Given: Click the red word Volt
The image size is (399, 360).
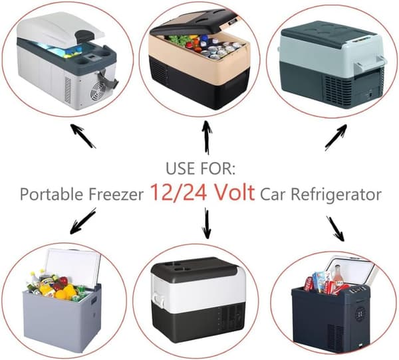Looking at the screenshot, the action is [x=235, y=192].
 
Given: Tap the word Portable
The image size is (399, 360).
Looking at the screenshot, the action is [x=52, y=194].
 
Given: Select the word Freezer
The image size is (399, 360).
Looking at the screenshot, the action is [x=116, y=194].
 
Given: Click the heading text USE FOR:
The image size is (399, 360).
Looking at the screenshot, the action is [x=201, y=168].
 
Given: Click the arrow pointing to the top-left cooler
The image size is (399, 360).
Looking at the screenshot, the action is [x=82, y=135].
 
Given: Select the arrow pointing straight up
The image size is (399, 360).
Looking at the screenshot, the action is [x=207, y=137].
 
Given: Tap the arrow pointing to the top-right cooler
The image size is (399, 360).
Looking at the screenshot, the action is [x=336, y=137].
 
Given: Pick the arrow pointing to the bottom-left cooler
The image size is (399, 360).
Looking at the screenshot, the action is [x=82, y=221].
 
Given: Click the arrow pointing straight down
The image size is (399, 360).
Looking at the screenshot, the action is [x=207, y=223].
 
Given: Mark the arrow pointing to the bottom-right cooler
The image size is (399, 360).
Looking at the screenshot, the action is [x=335, y=228].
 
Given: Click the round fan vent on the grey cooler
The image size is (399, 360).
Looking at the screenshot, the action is [x=98, y=90].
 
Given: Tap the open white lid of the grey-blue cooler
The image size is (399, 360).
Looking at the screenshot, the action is [x=73, y=267].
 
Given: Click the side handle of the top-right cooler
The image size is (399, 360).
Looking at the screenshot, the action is [x=372, y=64].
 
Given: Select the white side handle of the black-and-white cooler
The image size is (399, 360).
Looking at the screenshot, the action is [x=158, y=299].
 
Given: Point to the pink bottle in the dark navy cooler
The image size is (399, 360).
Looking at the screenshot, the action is [x=337, y=275].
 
